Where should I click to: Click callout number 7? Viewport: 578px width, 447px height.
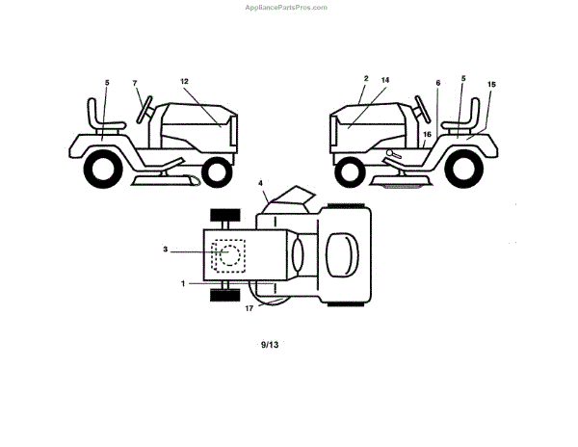[135, 83]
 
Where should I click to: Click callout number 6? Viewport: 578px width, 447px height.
[438, 84]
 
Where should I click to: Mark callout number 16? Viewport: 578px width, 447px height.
[427, 134]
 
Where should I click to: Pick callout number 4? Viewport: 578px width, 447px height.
[260, 182]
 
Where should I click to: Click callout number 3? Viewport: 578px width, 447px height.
[166, 250]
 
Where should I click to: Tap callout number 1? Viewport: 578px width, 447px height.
[184, 283]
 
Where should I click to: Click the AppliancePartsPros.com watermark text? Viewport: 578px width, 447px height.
[287, 7]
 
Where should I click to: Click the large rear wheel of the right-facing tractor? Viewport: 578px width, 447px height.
[99, 170]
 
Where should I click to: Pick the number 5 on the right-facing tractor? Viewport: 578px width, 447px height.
[108, 83]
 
